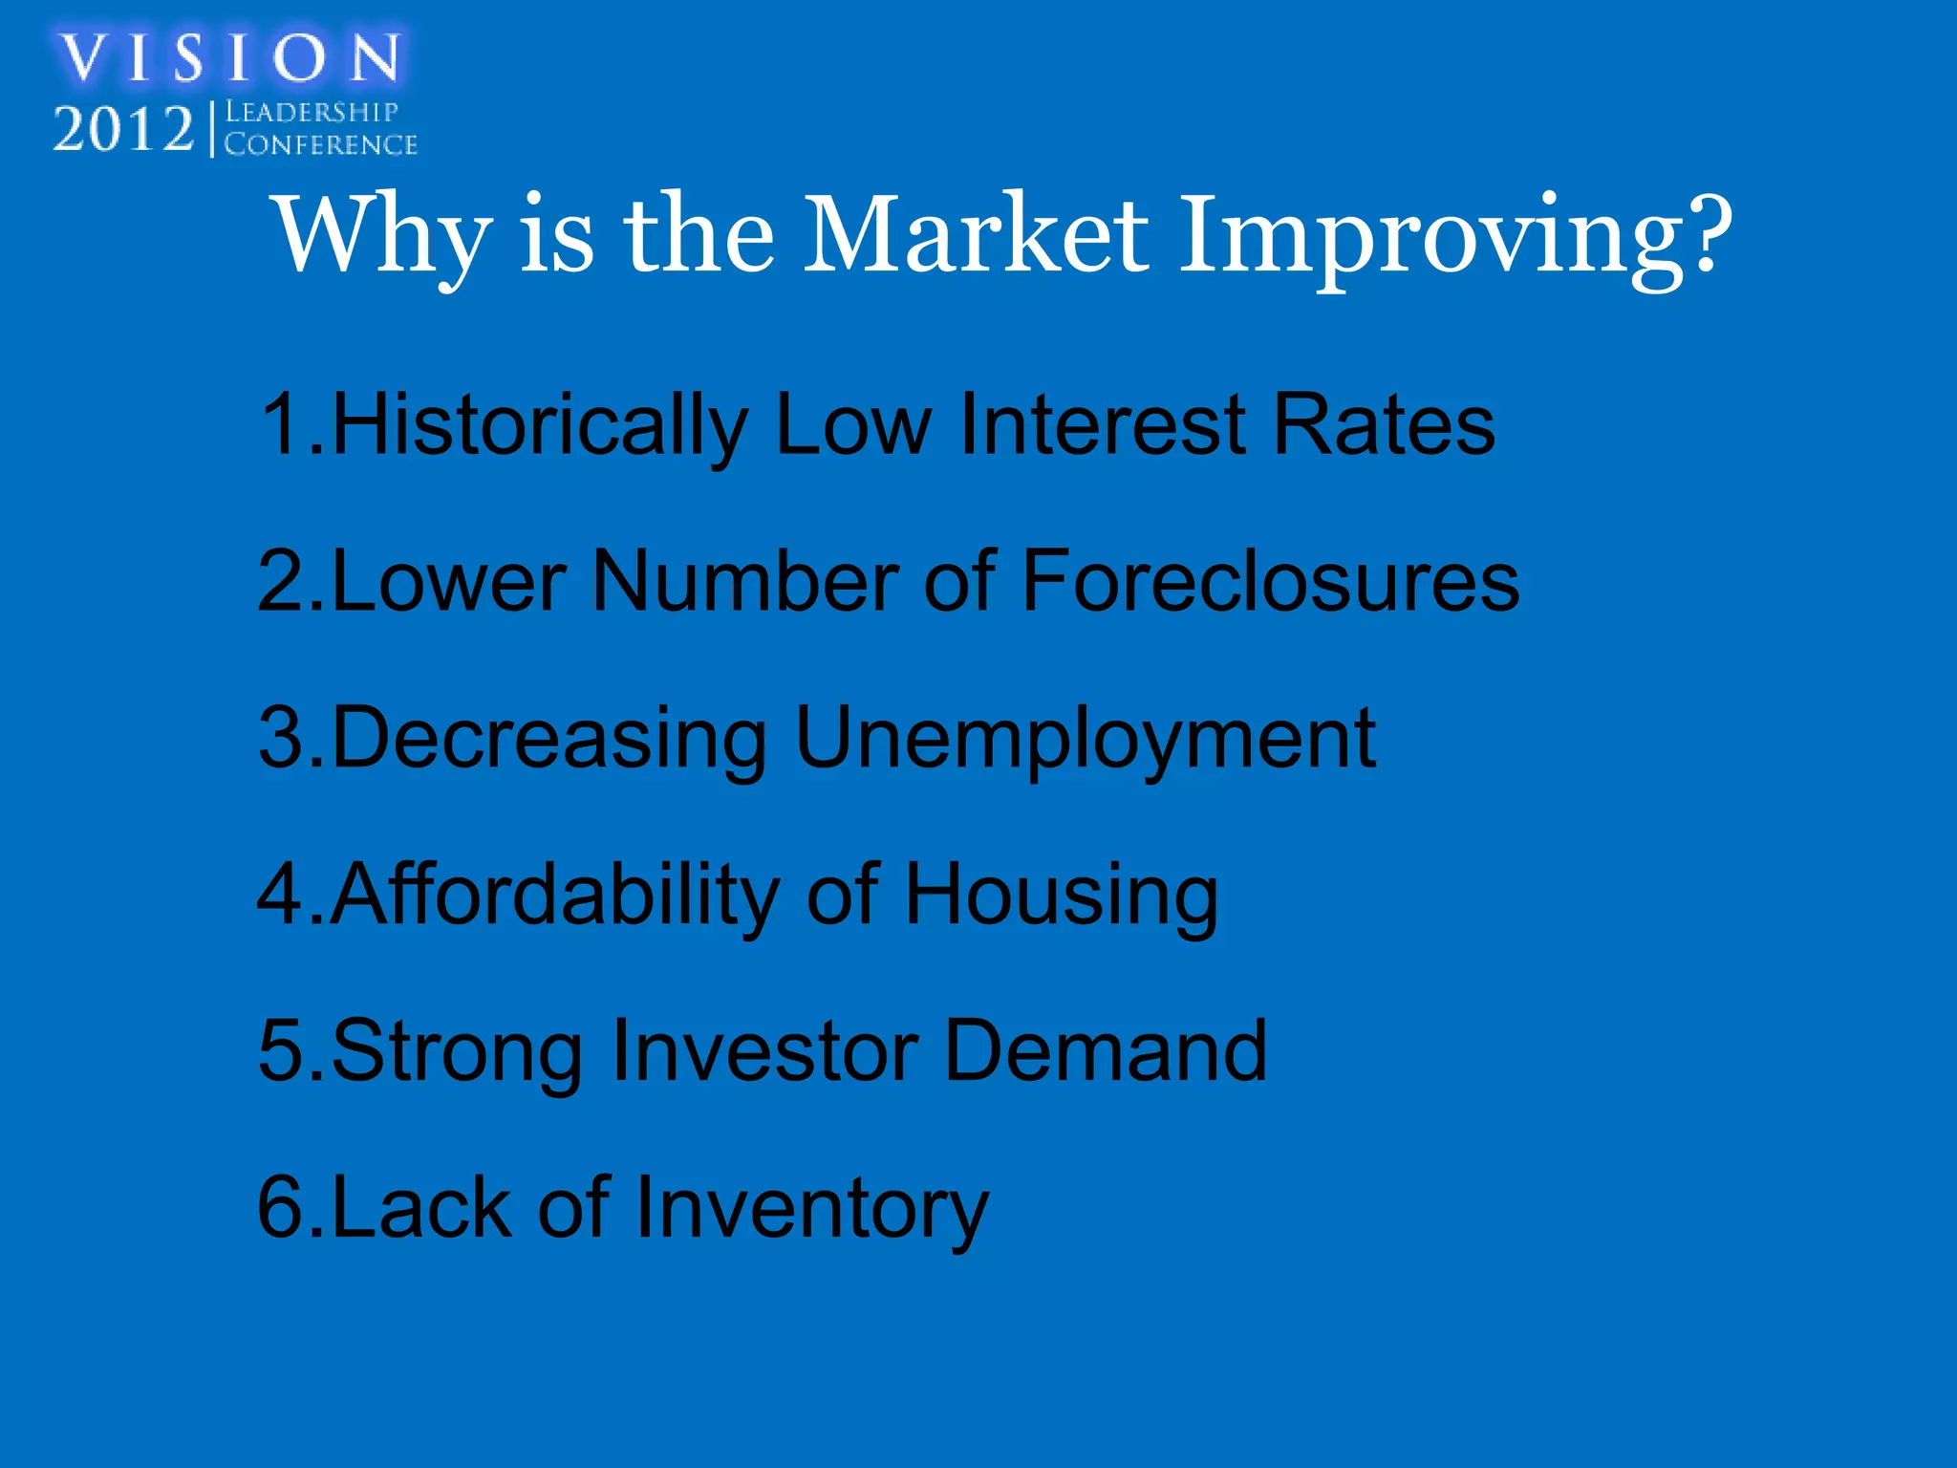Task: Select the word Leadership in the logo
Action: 312,113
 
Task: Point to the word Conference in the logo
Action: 321,144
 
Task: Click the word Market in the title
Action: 976,235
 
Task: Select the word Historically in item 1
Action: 539,425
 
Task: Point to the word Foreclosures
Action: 1270,582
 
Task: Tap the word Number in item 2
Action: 745,582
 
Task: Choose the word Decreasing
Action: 548,739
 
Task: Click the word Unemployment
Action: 1085,739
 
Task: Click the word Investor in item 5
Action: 765,1051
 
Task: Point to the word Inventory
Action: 811,1209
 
